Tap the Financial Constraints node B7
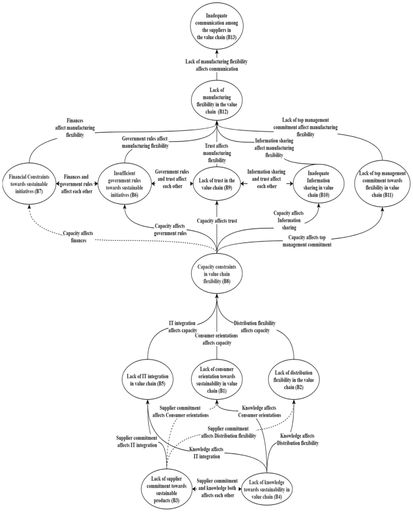[31, 179]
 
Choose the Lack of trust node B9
[215, 179]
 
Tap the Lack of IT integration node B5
[149, 379]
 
